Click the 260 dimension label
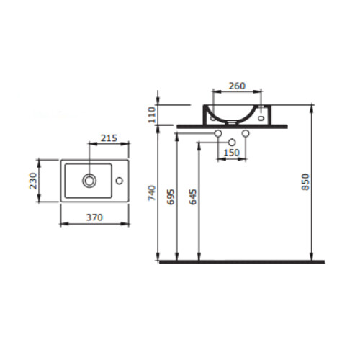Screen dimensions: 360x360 [237, 86]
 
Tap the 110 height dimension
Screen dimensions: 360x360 [152, 115]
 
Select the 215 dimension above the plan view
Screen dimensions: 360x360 [109, 138]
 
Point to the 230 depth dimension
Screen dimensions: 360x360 [33, 181]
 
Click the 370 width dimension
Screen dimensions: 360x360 [94, 217]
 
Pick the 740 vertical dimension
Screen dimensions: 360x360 [152, 193]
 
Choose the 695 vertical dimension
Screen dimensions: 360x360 [171, 197]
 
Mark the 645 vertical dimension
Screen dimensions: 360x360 [193, 197]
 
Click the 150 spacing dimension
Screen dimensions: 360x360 [231, 153]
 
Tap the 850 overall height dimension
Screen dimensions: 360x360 [305, 182]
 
